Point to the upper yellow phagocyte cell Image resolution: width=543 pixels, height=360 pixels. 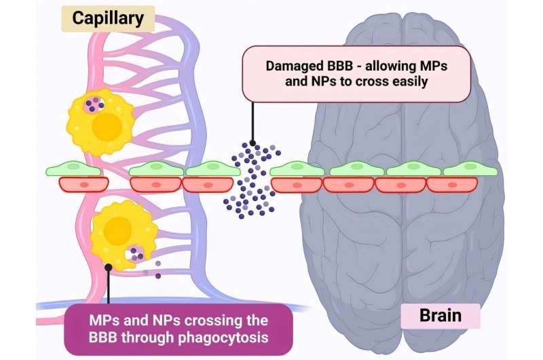(100, 122)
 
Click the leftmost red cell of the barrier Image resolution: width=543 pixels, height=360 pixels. (83, 183)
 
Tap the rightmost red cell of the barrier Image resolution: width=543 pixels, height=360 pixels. (453, 183)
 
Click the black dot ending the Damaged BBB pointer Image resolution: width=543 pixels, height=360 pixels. (252, 143)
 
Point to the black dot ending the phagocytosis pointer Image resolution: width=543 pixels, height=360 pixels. (108, 268)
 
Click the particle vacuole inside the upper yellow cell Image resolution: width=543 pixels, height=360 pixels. (94, 105)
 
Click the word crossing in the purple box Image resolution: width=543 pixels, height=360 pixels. (196, 319)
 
